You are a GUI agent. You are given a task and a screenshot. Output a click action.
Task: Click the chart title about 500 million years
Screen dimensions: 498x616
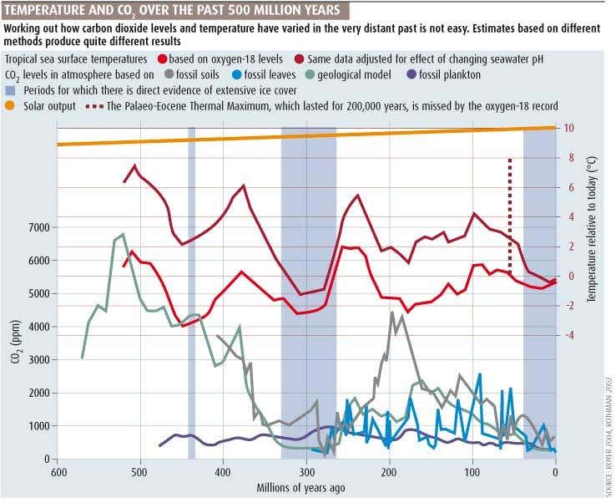(172, 10)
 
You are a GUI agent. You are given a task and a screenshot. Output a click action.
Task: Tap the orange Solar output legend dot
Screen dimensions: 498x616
(11, 105)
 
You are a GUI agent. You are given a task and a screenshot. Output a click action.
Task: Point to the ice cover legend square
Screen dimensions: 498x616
(11, 90)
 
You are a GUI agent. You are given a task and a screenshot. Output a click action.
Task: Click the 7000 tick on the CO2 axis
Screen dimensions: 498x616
(38, 227)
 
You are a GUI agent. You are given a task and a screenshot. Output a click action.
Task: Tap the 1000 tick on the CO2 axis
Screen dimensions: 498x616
(38, 426)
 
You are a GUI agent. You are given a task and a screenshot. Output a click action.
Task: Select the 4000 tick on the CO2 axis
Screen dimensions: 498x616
(38, 327)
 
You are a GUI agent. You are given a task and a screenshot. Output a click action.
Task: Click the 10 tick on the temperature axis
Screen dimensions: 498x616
(568, 128)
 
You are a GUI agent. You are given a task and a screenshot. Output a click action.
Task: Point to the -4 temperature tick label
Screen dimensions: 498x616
(568, 335)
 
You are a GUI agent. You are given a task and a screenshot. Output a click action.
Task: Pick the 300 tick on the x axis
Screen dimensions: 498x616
(306, 472)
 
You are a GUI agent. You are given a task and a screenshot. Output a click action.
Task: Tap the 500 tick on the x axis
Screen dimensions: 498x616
(140, 472)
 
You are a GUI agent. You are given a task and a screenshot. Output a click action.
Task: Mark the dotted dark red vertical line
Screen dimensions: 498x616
(509, 209)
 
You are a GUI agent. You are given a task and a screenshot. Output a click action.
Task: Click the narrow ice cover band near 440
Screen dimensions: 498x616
(191, 292)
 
